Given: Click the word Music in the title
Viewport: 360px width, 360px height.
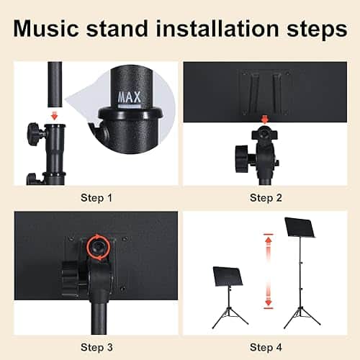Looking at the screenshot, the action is (46, 29).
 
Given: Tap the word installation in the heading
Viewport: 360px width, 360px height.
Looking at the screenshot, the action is (217, 29).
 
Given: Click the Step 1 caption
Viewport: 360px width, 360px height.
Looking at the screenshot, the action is (96, 198).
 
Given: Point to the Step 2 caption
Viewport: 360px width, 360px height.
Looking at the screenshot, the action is (266, 198).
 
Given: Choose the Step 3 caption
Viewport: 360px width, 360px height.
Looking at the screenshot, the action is (96, 348).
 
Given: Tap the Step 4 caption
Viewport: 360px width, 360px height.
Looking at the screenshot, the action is (266, 348).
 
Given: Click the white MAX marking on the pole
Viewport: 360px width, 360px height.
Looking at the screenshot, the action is (129, 97).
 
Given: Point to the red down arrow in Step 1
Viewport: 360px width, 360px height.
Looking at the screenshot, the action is (55, 116).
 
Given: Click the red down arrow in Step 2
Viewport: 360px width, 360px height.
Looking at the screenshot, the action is (264, 120).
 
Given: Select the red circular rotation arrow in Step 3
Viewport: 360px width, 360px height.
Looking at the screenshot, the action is (99, 247).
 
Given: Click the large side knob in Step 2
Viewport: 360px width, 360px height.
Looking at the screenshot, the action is (243, 158).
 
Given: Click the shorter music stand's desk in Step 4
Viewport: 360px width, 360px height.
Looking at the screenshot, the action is (228, 276).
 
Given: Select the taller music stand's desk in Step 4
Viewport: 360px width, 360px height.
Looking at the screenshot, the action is (300, 228).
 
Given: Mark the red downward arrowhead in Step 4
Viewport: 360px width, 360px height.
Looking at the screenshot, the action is (269, 302).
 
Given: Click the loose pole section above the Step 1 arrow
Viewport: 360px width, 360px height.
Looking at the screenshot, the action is (55, 84).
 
